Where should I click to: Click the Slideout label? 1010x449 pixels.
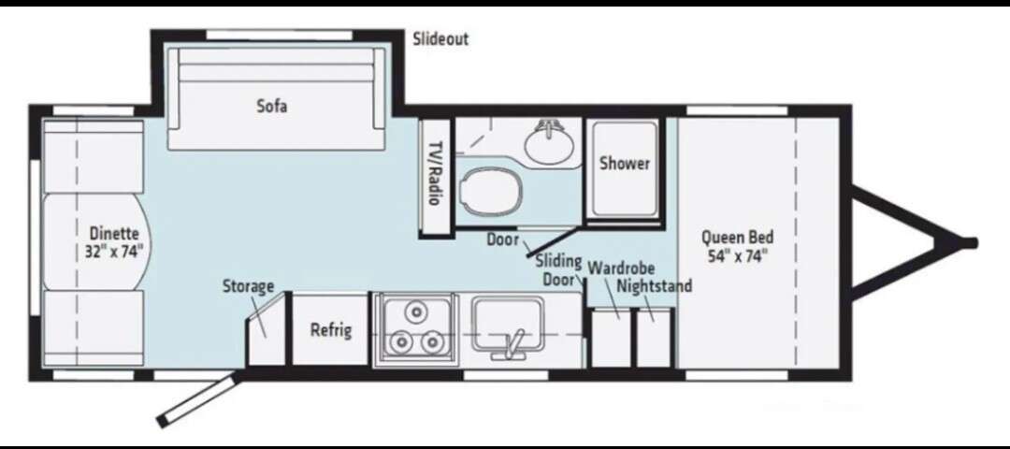pyautogui.click(x=440, y=38)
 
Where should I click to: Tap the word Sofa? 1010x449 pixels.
pyautogui.click(x=272, y=106)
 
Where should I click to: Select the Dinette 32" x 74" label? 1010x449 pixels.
pyautogui.click(x=115, y=241)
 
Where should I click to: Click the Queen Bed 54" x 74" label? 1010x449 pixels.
pyautogui.click(x=738, y=246)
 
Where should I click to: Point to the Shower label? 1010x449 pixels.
pyautogui.click(x=625, y=163)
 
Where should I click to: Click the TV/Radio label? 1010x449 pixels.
pyautogui.click(x=436, y=173)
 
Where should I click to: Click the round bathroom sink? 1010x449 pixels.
pyautogui.click(x=550, y=142)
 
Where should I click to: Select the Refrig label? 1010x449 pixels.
pyautogui.click(x=331, y=330)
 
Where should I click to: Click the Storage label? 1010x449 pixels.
pyautogui.click(x=249, y=286)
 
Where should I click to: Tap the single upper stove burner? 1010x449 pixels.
pyautogui.click(x=416, y=311)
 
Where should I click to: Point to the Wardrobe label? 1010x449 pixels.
pyautogui.click(x=622, y=267)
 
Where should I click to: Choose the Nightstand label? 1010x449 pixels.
pyautogui.click(x=655, y=285)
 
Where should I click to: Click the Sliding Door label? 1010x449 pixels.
pyautogui.click(x=558, y=270)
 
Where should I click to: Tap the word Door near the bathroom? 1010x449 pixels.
pyautogui.click(x=502, y=239)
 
